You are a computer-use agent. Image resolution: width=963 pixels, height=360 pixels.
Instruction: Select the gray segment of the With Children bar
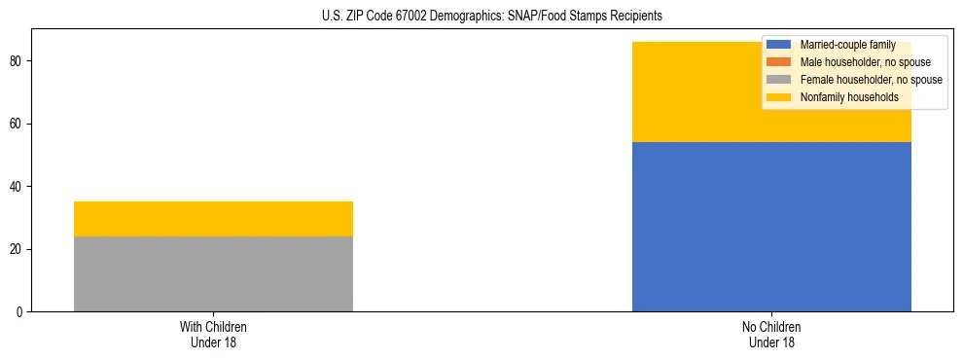[x=213, y=273]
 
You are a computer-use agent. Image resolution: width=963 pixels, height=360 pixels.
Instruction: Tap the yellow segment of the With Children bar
[x=213, y=219]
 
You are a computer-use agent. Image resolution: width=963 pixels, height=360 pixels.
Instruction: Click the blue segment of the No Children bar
[x=771, y=226]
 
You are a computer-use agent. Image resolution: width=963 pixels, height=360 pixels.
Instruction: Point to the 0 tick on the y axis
[x=19, y=312]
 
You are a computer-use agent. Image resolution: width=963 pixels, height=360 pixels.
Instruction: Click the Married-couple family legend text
[x=845, y=45]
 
